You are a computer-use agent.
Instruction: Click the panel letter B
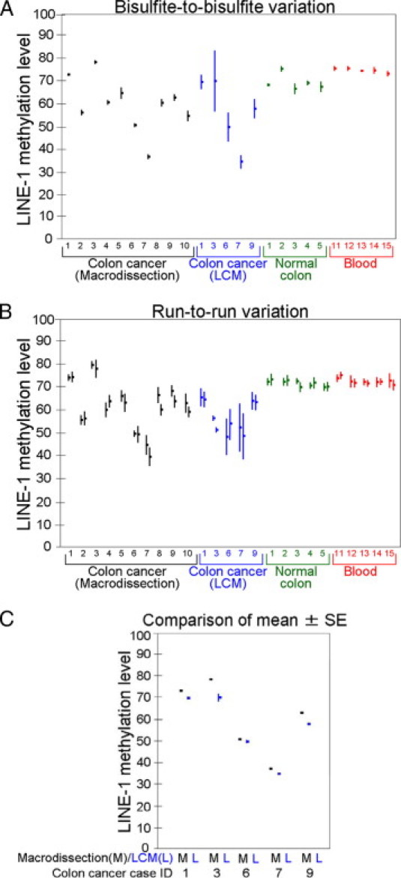[7, 311]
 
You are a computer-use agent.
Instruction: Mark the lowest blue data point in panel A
[241, 162]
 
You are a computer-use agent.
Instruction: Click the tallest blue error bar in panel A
[215, 80]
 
